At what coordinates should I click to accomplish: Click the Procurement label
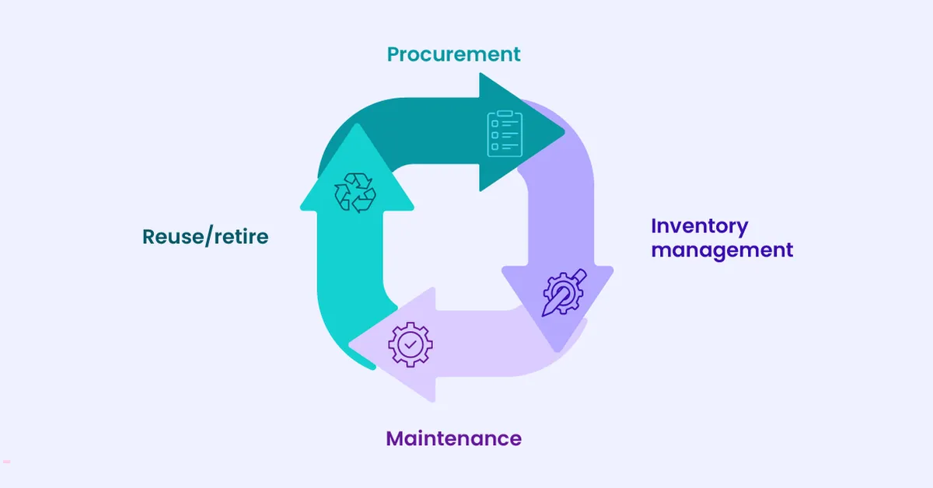pos(453,55)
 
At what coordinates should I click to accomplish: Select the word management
pos(722,251)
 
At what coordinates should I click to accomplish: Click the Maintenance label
pos(453,438)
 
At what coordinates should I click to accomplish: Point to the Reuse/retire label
pos(205,237)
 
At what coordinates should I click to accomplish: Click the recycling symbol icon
pos(355,193)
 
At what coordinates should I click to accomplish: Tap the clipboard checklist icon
pos(504,134)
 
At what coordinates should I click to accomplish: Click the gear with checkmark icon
pos(410,343)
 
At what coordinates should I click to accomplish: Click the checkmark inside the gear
pos(411,343)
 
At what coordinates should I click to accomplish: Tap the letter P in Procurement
pos(394,55)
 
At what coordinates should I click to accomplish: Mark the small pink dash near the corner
pos(6,462)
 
